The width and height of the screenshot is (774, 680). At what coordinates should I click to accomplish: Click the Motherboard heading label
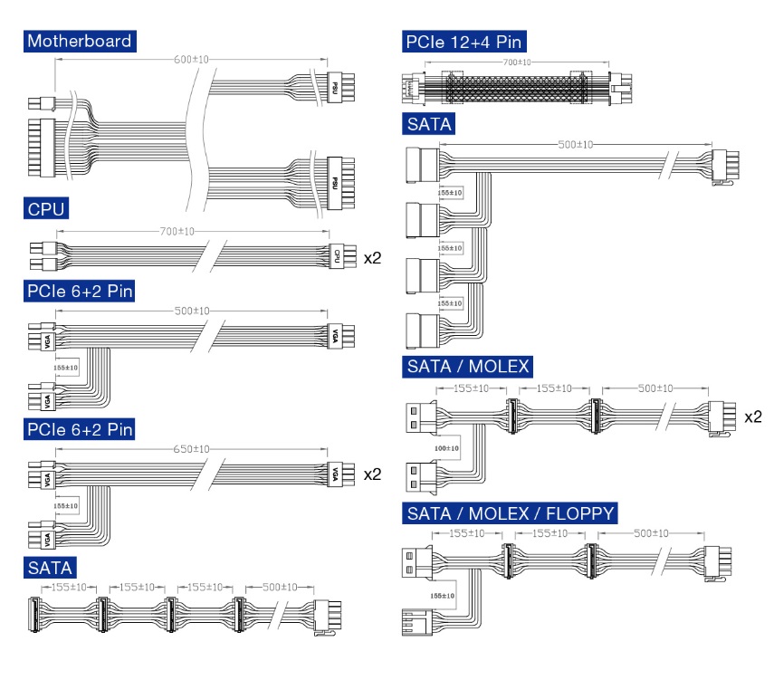(x=80, y=41)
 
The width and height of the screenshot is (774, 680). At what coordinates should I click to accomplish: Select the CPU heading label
(x=44, y=210)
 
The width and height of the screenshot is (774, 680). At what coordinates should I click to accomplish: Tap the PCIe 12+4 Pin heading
(x=463, y=41)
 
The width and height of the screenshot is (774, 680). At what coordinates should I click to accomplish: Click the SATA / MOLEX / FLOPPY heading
(x=510, y=514)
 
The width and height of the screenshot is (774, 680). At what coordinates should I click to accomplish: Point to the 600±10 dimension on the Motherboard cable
(x=192, y=60)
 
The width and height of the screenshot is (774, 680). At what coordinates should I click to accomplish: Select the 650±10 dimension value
(x=191, y=449)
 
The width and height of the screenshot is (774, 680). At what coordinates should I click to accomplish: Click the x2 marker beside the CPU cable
(x=372, y=257)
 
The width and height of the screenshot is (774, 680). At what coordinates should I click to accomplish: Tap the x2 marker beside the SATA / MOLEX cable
(x=752, y=417)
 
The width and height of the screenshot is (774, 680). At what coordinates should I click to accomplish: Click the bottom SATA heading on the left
(x=50, y=568)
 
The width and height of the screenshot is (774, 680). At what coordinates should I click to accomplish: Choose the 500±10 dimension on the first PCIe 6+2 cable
(x=192, y=311)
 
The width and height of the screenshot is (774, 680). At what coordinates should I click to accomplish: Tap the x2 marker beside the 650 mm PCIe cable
(x=372, y=474)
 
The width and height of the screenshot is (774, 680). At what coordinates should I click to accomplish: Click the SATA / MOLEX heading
(x=468, y=367)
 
